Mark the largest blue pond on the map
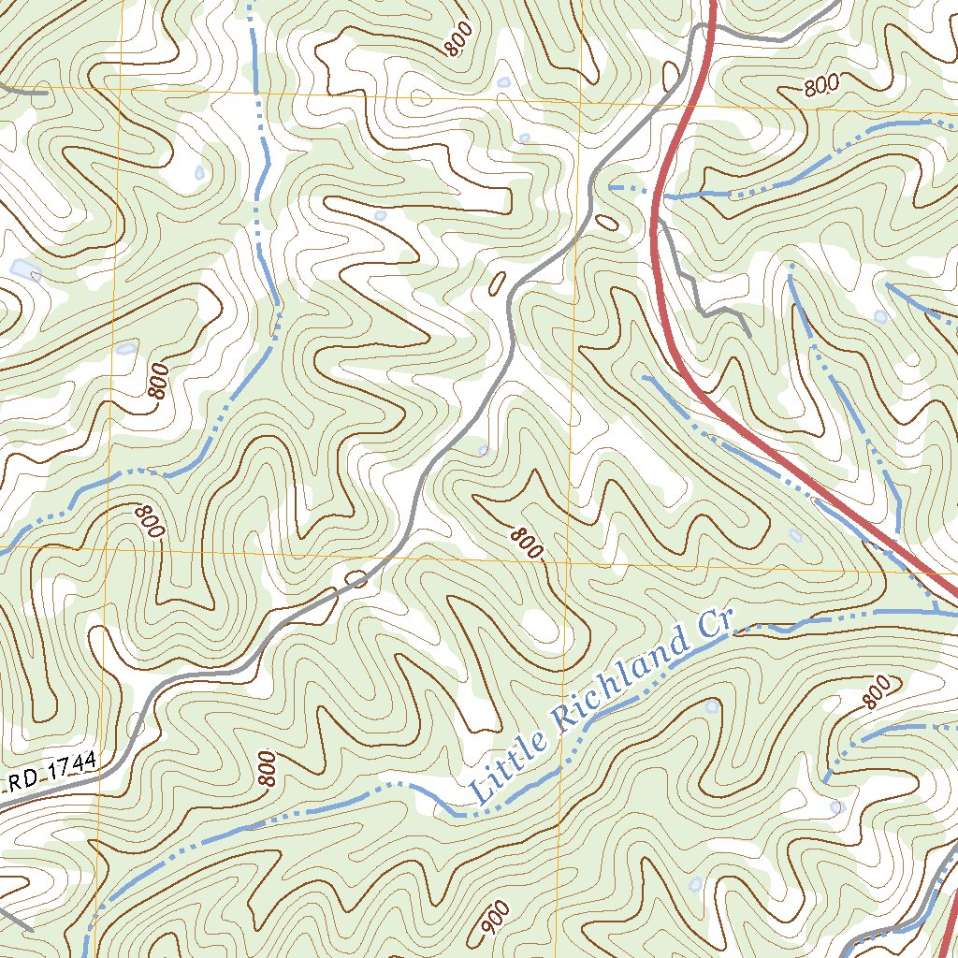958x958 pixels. tap(24, 269)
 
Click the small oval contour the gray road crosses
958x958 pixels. tap(356, 578)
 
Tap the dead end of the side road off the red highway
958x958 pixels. tap(749, 336)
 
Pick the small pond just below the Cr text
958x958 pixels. tap(713, 706)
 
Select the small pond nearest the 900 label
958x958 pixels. tap(695, 883)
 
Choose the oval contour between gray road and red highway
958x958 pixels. tap(606, 222)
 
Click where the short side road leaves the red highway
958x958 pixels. tap(659, 221)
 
